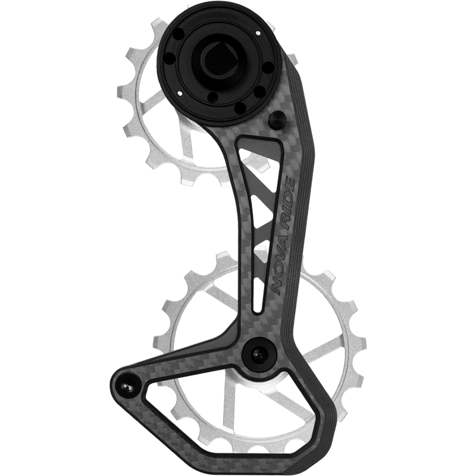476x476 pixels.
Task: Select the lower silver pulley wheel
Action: [x=196, y=333]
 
